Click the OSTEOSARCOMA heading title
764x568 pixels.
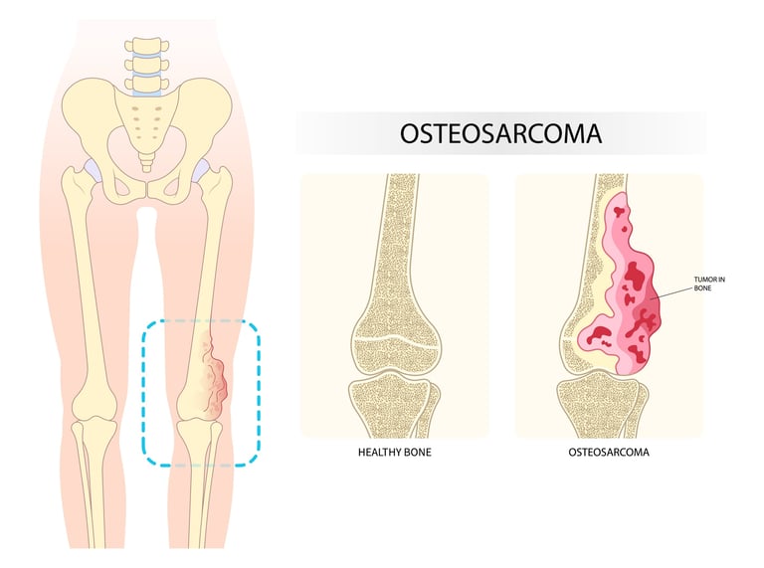tap(500, 133)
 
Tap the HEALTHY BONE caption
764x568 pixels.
tap(394, 453)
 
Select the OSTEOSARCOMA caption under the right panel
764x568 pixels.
tap(609, 453)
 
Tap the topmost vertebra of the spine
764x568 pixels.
tap(146, 46)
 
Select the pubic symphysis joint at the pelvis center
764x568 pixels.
tap(146, 186)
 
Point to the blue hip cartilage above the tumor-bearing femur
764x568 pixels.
tap(205, 173)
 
